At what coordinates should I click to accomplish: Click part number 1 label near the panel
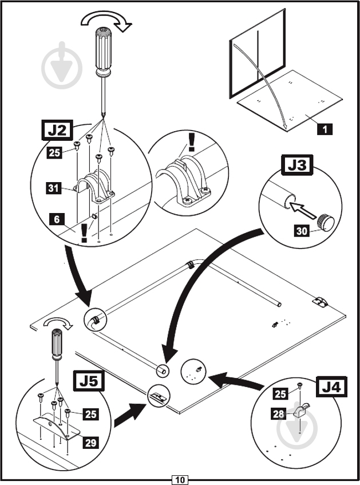point(324,129)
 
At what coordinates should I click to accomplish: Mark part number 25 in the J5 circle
point(90,413)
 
